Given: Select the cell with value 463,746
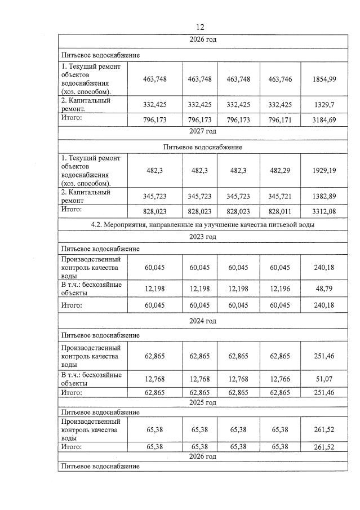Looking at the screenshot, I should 280,79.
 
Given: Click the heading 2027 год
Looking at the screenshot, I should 203,131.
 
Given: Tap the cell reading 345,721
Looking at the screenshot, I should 280,196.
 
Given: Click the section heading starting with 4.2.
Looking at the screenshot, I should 203,224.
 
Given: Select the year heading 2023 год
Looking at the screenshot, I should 203,237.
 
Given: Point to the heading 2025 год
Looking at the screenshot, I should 203,402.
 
